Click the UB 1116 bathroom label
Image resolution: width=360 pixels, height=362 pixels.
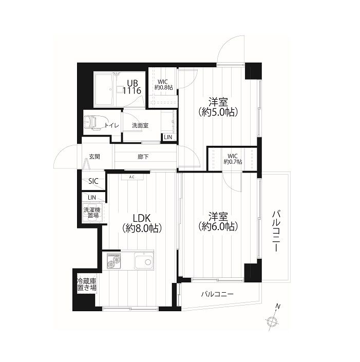click(132, 87)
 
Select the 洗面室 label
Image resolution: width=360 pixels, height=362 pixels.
click(140, 126)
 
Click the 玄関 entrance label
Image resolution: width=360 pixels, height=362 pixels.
click(94, 157)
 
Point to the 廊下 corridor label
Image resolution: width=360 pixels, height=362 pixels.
click(143, 157)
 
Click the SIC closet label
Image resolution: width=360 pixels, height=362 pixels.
click(93, 181)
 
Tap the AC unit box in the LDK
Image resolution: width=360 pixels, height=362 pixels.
click(132, 177)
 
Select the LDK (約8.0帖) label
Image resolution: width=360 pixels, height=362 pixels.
click(142, 223)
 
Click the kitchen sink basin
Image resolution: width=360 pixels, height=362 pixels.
click(144, 262)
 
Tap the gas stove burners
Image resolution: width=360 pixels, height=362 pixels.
click(113, 261)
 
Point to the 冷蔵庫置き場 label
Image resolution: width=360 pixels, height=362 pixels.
click(87, 284)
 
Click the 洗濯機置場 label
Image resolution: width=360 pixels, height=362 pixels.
click(92, 213)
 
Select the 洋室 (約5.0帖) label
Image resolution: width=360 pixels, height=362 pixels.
click(218, 107)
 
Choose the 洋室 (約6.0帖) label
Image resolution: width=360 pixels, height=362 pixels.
click(218, 222)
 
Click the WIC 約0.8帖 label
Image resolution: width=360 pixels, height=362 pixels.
click(163, 85)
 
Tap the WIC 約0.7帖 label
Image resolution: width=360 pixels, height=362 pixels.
click(233, 159)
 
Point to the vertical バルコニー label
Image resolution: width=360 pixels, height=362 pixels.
click(276, 231)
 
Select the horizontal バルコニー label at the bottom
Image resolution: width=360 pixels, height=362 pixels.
click(217, 294)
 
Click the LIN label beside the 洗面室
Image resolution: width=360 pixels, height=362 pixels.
click(168, 137)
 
